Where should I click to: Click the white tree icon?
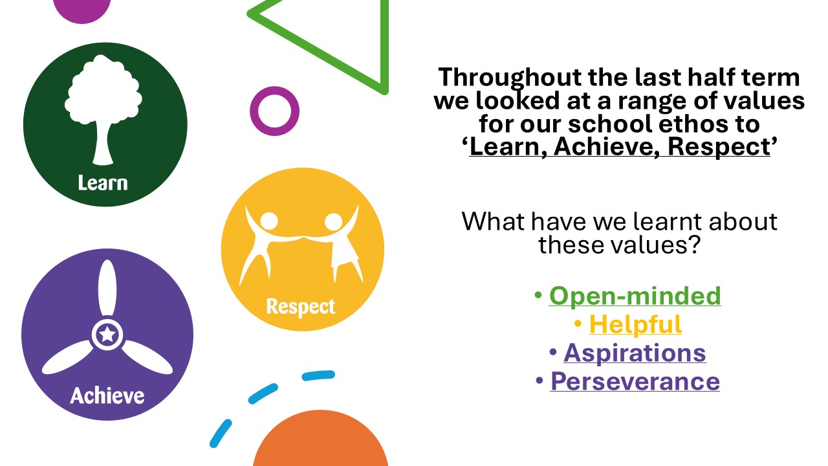coord(103,110)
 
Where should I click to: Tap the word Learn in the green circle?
coord(103,183)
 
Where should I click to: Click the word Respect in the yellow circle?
coord(301,307)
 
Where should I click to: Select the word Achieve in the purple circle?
coord(107,395)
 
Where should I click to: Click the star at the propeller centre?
coord(107,335)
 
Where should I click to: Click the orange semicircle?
coord(320,438)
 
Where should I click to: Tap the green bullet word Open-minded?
coord(635,296)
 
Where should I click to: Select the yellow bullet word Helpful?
coord(635,325)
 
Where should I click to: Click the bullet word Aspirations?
coord(635,353)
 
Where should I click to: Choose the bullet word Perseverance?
coord(635,381)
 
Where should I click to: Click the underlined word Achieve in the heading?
coord(604,147)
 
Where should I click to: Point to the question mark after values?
coord(694,245)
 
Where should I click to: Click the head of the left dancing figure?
coord(268,221)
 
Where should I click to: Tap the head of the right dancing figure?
coord(333,221)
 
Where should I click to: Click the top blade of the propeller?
coord(107,288)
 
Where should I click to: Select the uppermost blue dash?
coord(318,375)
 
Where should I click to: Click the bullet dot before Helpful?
coord(578,324)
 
